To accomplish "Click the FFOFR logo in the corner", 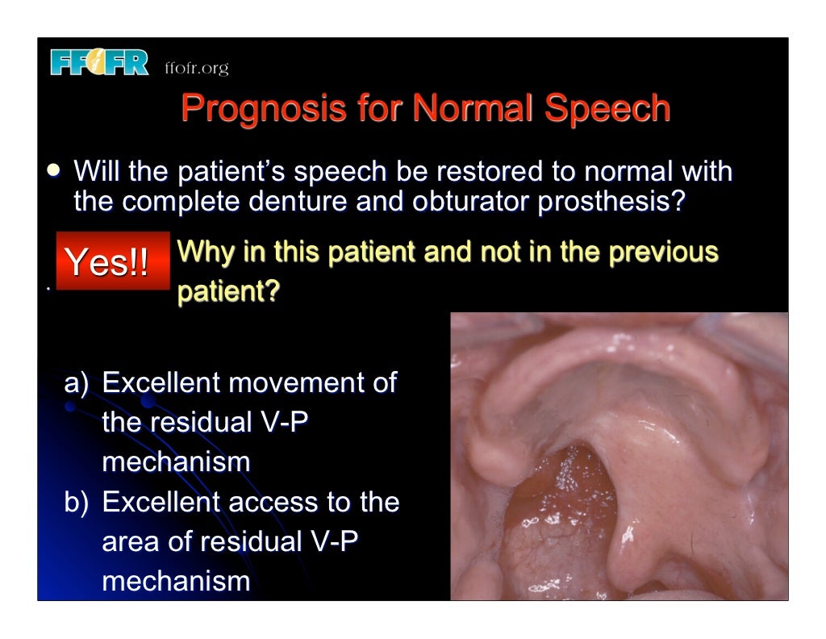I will pyautogui.click(x=99, y=63).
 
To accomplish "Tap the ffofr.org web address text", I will pyautogui.click(x=196, y=69).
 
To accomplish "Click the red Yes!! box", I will pyautogui.click(x=112, y=261).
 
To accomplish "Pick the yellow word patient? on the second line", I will pyautogui.click(x=228, y=291).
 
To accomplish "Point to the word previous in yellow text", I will pyautogui.click(x=662, y=252).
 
